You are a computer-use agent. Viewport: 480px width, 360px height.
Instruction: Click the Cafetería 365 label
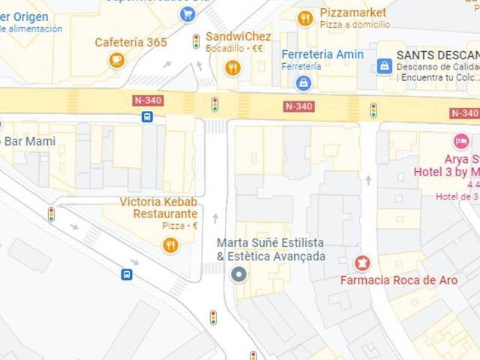[x=130, y=42]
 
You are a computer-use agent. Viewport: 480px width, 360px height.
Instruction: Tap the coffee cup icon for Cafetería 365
[x=116, y=60]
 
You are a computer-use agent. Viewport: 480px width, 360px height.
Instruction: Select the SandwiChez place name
[x=238, y=36]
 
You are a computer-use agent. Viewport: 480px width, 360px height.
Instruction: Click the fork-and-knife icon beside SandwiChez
[x=233, y=68]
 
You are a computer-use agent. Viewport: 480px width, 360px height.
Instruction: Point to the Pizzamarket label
[x=352, y=13]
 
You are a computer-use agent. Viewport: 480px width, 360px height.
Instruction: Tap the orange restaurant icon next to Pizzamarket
[x=304, y=18]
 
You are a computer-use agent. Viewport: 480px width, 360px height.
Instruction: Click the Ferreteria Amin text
[x=322, y=54]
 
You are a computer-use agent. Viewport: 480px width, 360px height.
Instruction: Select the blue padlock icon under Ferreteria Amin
[x=303, y=82]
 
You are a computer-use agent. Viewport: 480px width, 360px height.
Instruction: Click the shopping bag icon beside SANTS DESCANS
[x=384, y=66]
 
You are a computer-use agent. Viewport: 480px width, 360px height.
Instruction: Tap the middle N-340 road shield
[x=298, y=106]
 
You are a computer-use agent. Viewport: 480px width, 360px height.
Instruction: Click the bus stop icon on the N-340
[x=147, y=116]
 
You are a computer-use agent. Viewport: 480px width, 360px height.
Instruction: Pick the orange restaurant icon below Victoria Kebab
[x=171, y=244]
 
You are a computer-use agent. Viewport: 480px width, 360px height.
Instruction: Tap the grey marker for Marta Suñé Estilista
[x=238, y=274]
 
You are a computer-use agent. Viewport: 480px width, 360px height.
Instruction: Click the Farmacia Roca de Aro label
[x=398, y=280]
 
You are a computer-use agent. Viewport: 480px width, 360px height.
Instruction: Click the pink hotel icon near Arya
[x=460, y=141]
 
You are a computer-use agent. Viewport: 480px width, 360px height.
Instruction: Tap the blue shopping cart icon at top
[x=186, y=13]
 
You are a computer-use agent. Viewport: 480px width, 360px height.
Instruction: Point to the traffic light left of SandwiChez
[x=196, y=41]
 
